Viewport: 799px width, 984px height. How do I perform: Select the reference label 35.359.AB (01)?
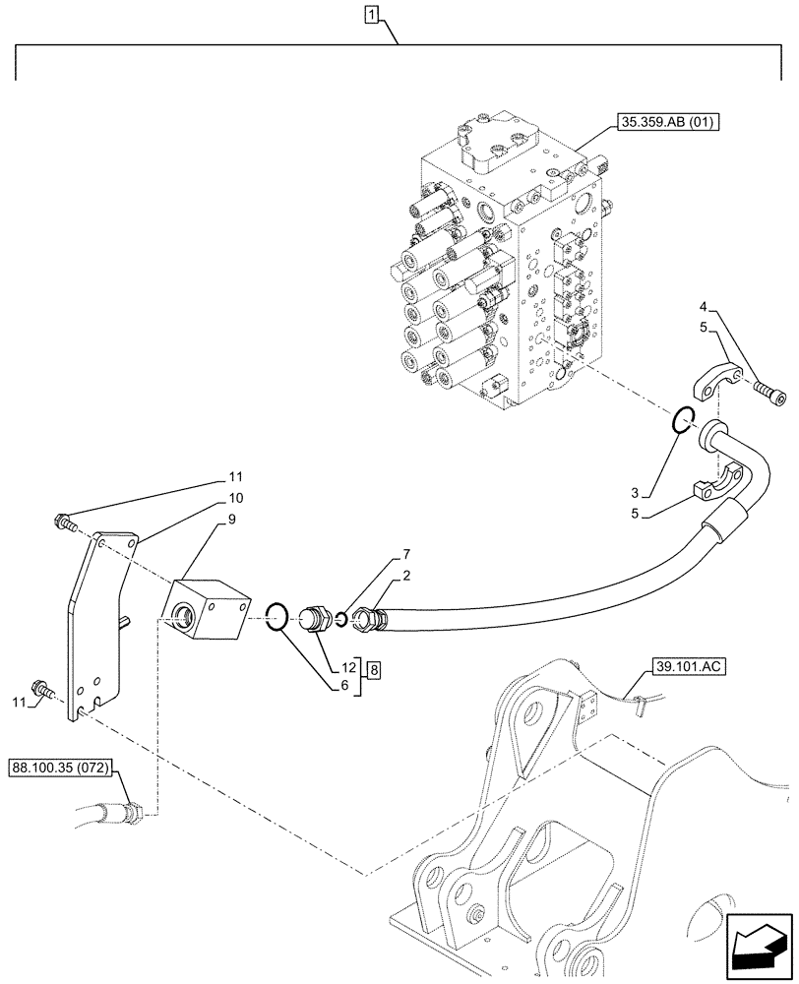pyautogui.click(x=668, y=123)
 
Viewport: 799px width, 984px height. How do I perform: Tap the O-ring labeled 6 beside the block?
pyautogui.click(x=278, y=618)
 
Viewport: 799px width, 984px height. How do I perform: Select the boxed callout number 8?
pyautogui.click(x=373, y=670)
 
